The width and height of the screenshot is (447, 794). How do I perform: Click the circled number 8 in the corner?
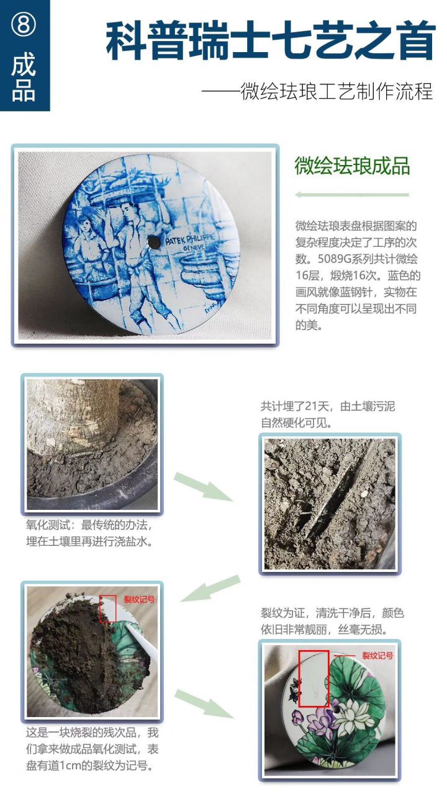[x=24, y=25]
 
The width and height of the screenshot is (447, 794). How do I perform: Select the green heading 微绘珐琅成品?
[x=352, y=166]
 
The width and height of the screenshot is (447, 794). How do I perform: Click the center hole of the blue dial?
[x=151, y=241]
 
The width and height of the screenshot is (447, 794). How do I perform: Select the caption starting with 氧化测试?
[x=89, y=533]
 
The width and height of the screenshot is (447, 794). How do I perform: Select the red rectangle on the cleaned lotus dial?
[x=314, y=679]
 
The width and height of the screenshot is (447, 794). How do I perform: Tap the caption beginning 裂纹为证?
[x=332, y=621]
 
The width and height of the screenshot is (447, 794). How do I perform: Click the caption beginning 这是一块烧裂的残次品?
[x=92, y=749]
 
